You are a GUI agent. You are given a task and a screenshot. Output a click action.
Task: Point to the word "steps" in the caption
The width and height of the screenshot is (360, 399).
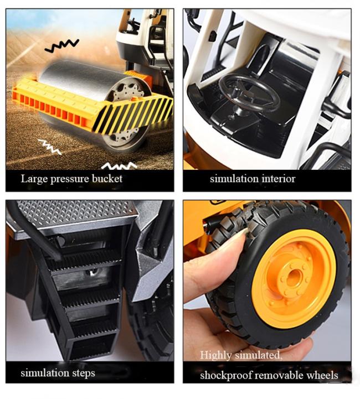click(84, 374)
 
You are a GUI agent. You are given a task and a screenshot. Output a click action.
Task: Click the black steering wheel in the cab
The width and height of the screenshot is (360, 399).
click(249, 93)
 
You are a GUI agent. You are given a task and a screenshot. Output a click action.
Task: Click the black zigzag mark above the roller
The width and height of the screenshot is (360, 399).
click(61, 45)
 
